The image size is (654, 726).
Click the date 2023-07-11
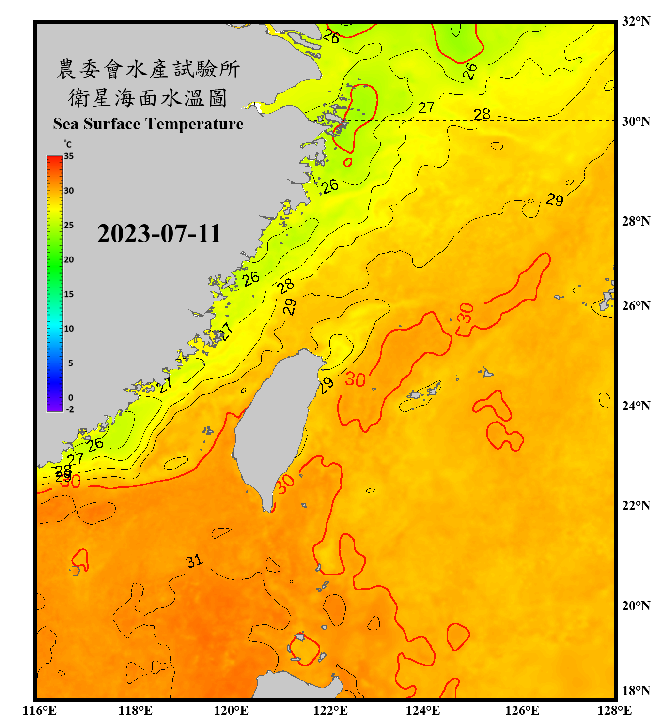159,234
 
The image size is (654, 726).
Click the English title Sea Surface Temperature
148,124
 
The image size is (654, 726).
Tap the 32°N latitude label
636,21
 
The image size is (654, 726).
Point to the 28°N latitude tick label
636,221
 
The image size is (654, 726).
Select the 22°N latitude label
636,506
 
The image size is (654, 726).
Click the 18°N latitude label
636,691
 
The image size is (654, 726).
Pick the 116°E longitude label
40,711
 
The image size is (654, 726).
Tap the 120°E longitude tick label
231,711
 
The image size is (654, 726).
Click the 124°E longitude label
423,711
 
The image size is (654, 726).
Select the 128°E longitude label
614,711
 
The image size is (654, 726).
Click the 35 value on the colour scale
69,156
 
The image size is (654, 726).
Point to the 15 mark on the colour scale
69,294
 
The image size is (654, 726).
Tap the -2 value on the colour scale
70,409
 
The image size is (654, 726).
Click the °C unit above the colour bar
68,144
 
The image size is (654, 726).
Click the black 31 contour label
194,561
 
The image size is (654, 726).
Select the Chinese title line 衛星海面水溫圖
148,98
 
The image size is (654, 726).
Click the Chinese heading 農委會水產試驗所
148,69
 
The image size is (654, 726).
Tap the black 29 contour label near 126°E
555,199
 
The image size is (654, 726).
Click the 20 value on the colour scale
69,260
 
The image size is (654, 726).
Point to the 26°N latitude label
636,306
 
